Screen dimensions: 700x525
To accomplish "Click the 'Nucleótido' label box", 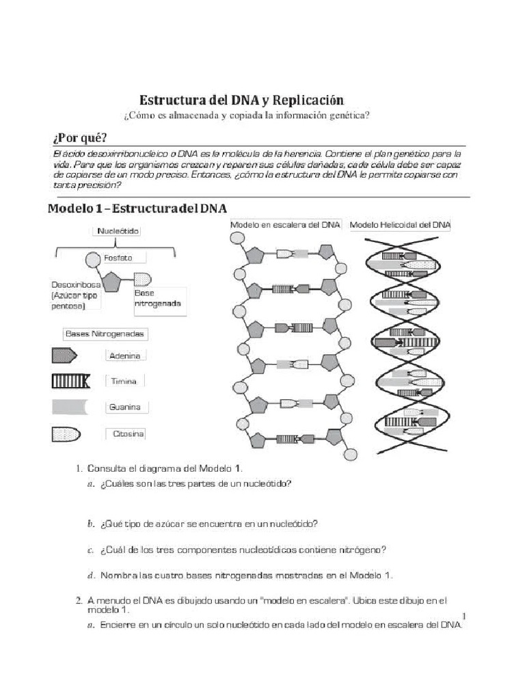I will pyautogui.click(x=118, y=232).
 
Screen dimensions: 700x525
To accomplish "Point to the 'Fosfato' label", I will pyautogui.click(x=118, y=258).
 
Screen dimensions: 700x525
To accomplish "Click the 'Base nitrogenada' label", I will pyautogui.click(x=157, y=298).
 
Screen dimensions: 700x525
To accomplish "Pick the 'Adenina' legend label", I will pyautogui.click(x=124, y=356).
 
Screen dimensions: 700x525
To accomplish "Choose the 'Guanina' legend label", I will pyautogui.click(x=124, y=407).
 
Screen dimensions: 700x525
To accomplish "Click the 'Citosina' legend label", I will pyautogui.click(x=126, y=434).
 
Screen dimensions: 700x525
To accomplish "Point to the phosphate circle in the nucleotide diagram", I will pyautogui.click(x=93, y=259).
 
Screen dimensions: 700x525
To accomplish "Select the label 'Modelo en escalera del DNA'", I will pyautogui.click(x=285, y=225).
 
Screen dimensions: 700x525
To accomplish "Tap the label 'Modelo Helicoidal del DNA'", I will pyautogui.click(x=400, y=225).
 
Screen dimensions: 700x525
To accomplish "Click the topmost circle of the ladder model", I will pyautogui.click(x=236, y=239).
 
